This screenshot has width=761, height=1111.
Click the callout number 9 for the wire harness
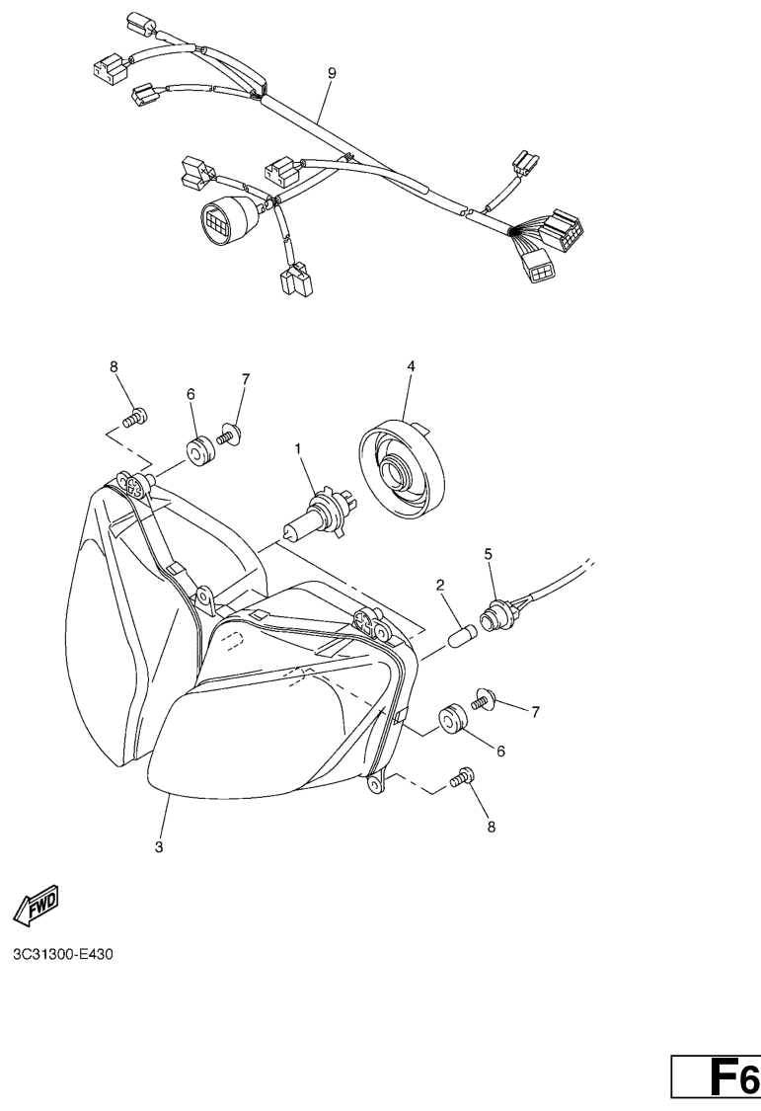332,73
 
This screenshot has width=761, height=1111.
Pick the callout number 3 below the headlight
159,846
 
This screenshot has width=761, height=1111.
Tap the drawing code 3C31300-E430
62,954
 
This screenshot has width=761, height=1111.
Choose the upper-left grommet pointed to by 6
198,452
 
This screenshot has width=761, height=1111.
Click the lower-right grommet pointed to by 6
452,719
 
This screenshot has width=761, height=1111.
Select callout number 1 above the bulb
298,448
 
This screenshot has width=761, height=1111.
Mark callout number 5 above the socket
488,553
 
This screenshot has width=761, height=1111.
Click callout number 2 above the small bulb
440,585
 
